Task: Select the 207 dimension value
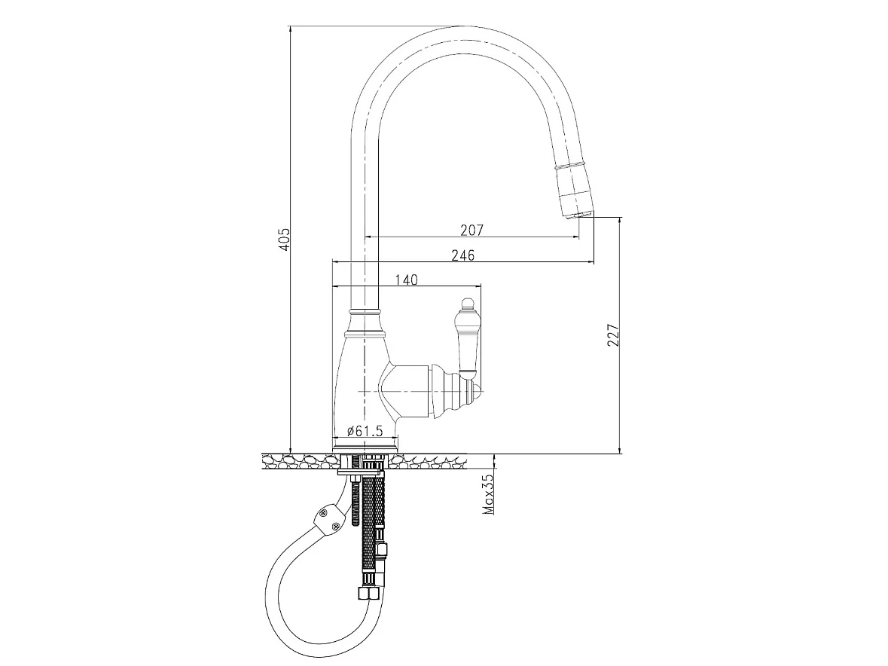[x=471, y=230]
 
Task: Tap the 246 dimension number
[x=462, y=255]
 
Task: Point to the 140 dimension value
[x=406, y=280]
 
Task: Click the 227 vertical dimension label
[x=614, y=335]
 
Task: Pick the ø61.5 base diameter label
[x=365, y=431]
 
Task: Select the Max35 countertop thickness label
[x=489, y=493]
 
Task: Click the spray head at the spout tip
[x=575, y=190]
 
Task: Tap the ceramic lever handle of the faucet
[x=469, y=339]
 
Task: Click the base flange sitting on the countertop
[x=365, y=451]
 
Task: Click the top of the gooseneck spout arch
[x=459, y=40]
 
